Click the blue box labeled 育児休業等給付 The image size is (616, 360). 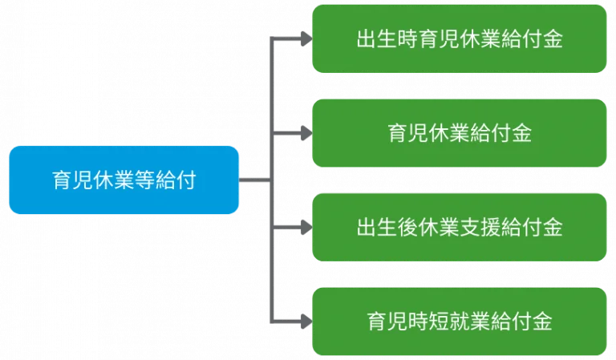click(124, 180)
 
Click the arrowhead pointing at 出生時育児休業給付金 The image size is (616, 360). click(306, 38)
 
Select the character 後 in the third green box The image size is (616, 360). click(407, 228)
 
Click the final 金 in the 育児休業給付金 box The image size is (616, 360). click(521, 133)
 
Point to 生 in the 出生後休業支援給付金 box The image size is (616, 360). click(387, 228)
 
